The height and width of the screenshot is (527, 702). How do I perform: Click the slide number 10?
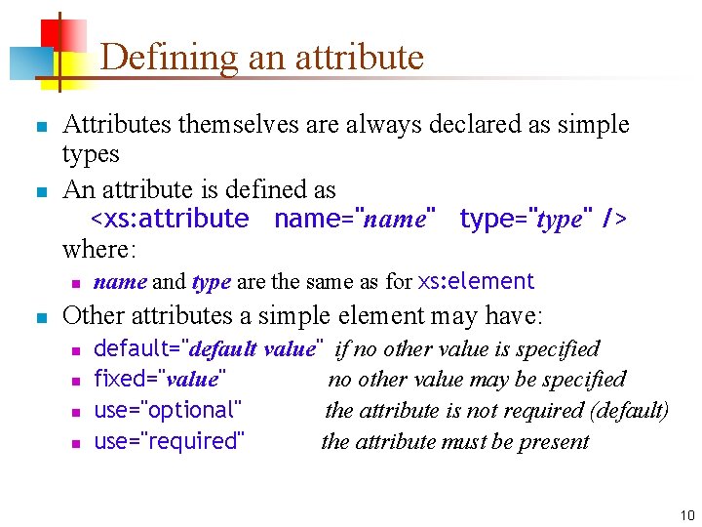click(687, 514)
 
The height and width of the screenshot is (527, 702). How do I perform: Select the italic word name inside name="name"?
click(395, 220)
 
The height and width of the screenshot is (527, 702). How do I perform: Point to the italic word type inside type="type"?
click(559, 220)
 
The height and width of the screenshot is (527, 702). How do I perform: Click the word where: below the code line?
click(100, 249)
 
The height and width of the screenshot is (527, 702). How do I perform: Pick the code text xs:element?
click(476, 282)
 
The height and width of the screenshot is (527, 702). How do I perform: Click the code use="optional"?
click(168, 410)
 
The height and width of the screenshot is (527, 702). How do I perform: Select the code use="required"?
click(169, 441)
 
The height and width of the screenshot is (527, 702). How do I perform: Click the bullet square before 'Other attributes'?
click(39, 317)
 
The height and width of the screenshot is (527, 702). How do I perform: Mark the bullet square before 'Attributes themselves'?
click(39, 128)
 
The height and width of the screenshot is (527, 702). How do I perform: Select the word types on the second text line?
click(91, 154)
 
